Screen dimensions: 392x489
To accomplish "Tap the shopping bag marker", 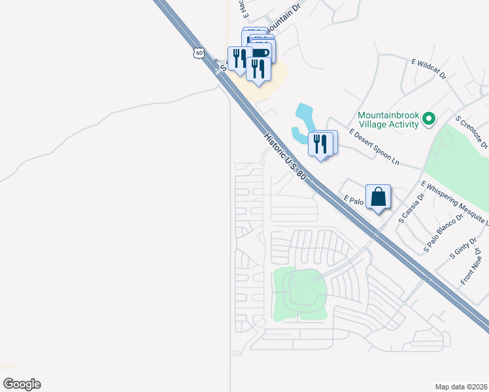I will tap(379, 196).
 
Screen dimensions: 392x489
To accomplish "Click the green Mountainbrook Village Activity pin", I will tap(429, 118).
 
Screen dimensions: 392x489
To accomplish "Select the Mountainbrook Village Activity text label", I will tap(388, 119).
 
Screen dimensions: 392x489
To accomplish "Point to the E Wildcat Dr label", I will tap(428, 69).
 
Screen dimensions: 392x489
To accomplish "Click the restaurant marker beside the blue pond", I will tap(320, 143).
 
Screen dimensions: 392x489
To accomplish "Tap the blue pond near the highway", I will tap(305, 121).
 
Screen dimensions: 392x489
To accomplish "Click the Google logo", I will tap(22, 384).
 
